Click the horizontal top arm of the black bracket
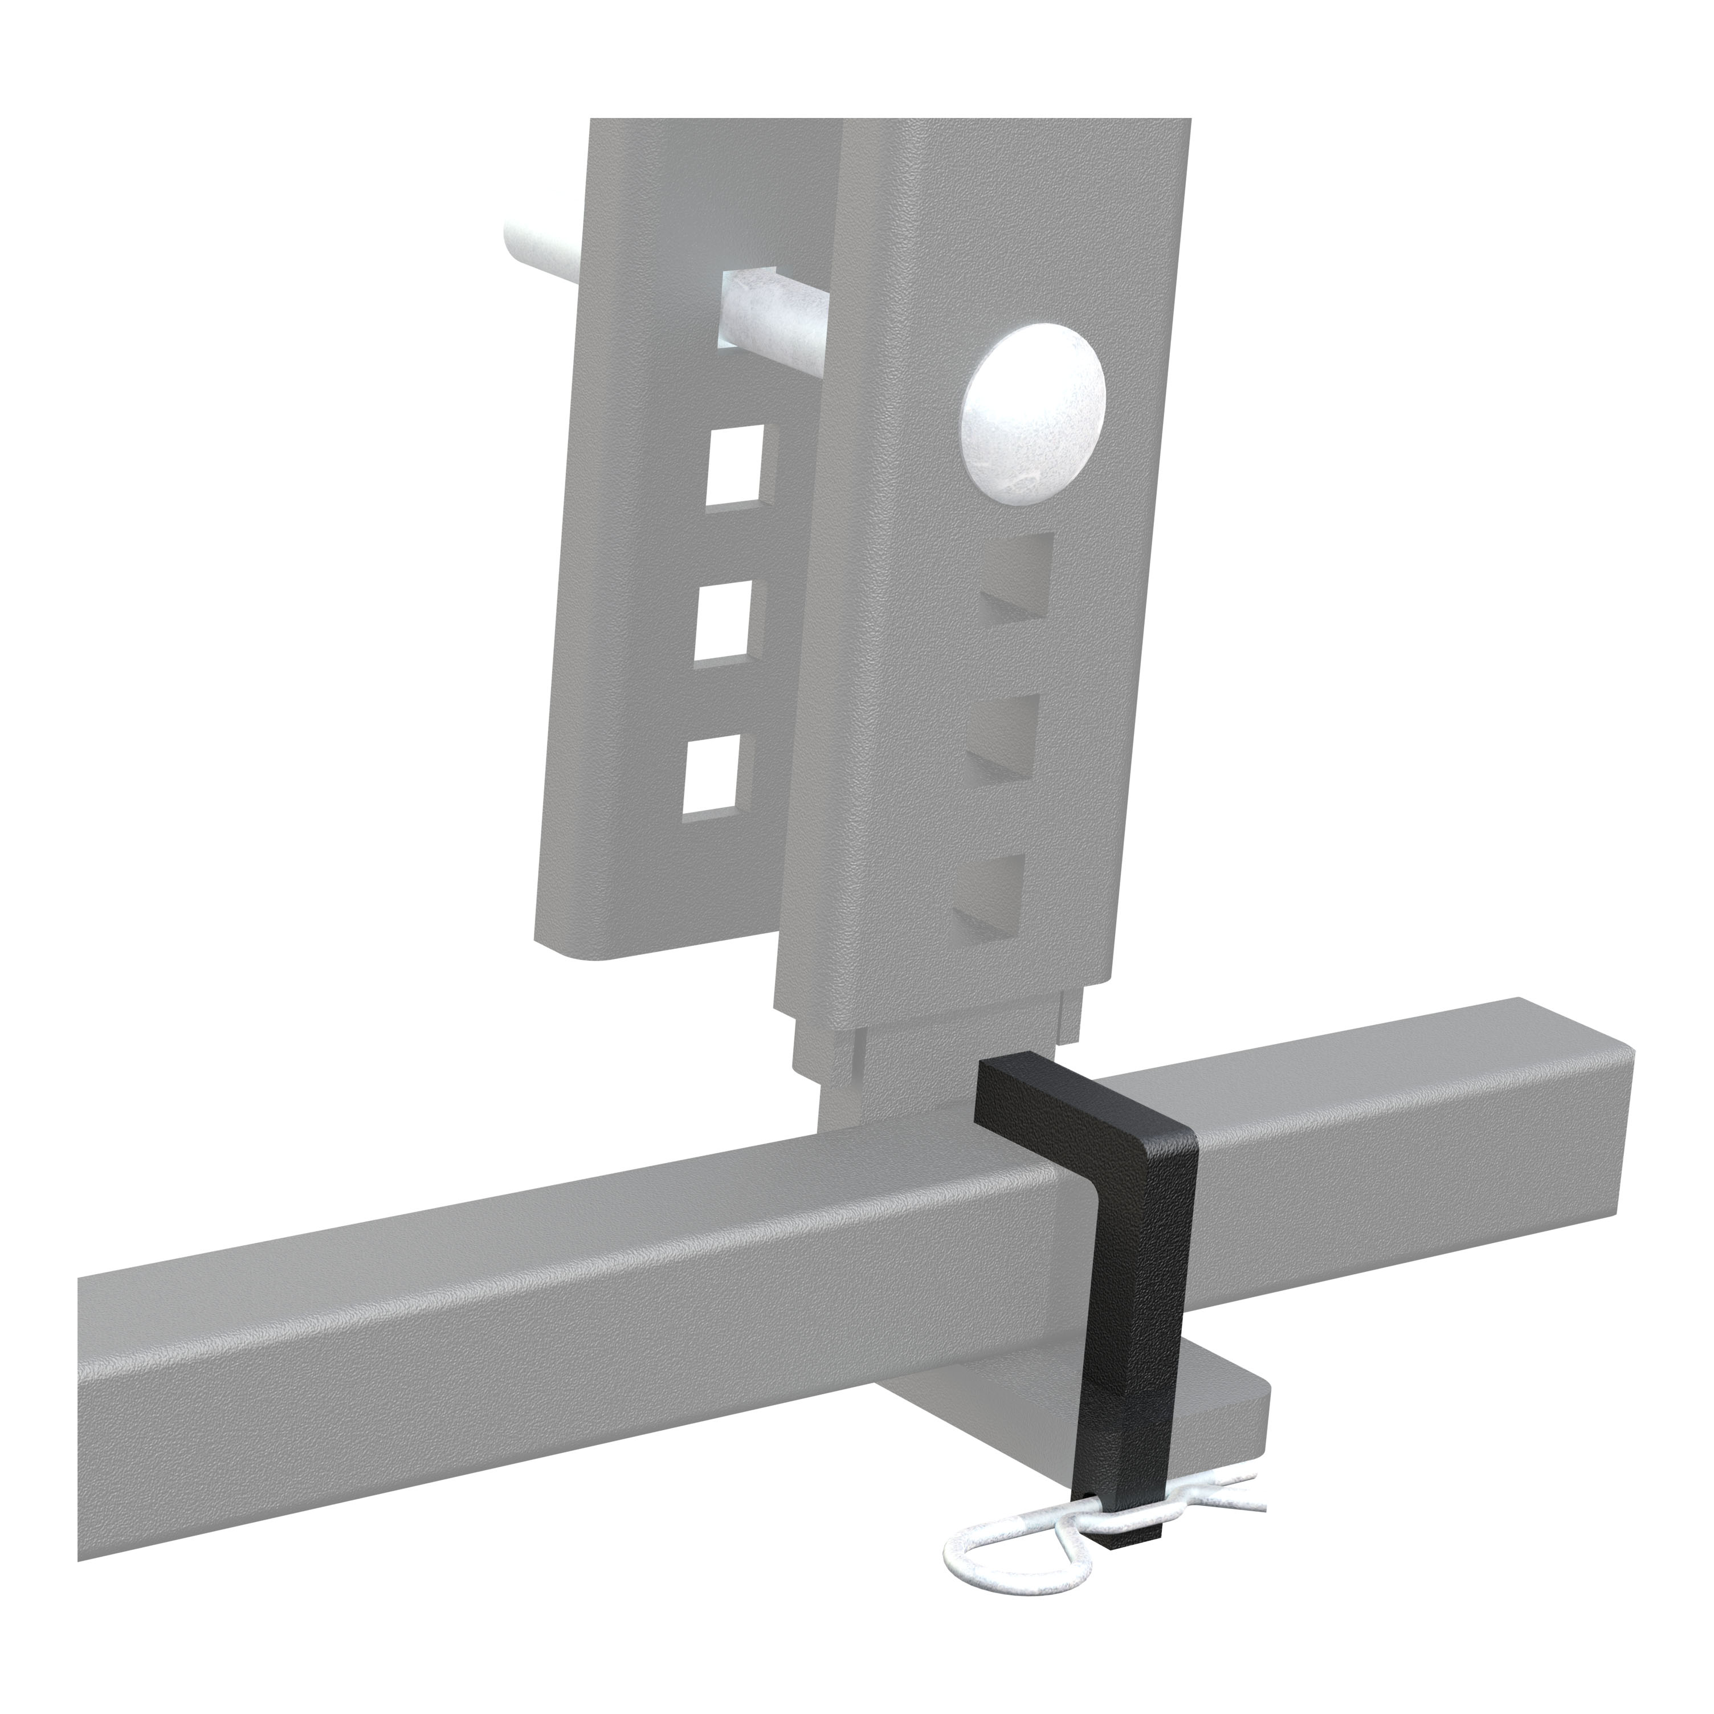coord(1064,1100)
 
